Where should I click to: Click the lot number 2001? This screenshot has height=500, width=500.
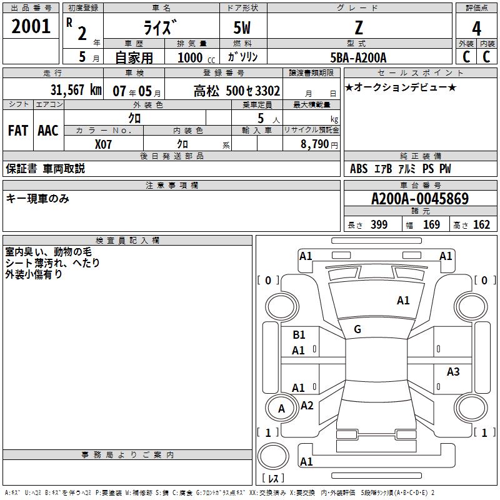(x=31, y=26)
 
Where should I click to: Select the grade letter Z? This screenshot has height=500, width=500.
(x=359, y=28)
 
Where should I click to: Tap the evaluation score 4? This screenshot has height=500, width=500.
(x=476, y=29)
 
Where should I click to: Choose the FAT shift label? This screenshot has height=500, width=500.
(x=17, y=130)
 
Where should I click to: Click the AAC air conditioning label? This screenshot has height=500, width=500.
(x=47, y=130)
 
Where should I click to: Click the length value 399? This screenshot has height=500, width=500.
(x=379, y=225)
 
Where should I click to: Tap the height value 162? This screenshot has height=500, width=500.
(x=481, y=225)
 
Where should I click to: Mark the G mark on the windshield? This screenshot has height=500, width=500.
(x=357, y=329)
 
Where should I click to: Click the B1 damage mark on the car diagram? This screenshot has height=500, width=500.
(x=299, y=335)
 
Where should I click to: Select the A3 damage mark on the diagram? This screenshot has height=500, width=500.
(x=453, y=372)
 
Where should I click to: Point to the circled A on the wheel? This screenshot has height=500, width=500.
(x=281, y=409)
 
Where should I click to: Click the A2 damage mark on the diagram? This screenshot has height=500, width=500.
(x=307, y=406)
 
